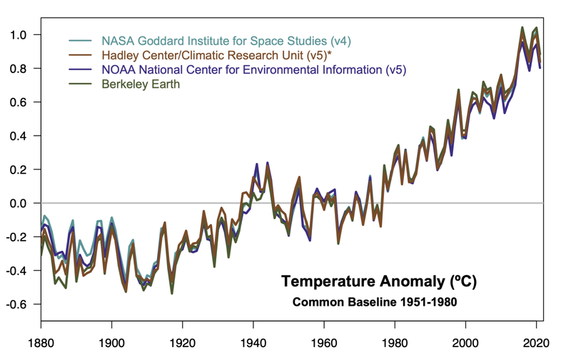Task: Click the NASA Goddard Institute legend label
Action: [x=226, y=40]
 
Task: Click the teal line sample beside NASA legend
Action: [x=81, y=40]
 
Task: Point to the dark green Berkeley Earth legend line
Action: [x=81, y=84]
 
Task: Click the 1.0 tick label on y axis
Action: [x=19, y=35]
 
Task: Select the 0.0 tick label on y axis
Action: [x=19, y=204]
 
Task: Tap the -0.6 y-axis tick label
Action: [x=17, y=304]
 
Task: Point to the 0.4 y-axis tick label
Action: [x=19, y=136]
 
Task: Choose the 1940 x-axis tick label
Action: [x=253, y=343]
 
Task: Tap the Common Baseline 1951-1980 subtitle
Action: [x=375, y=302]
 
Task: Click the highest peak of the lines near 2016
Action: [x=522, y=28]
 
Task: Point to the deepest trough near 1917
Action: [x=172, y=291]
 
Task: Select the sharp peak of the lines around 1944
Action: [x=268, y=164]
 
